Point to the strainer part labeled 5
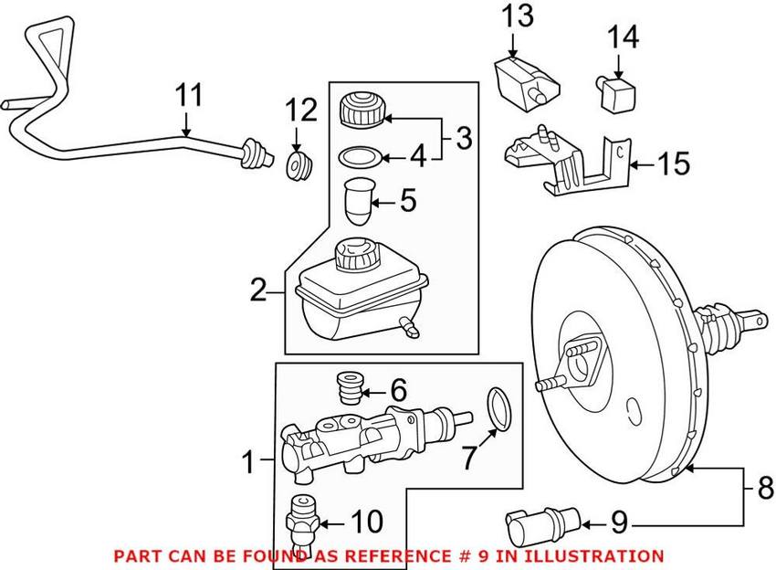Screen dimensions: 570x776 [x=359, y=201]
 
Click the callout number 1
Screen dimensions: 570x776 [x=247, y=463]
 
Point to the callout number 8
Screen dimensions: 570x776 [x=764, y=489]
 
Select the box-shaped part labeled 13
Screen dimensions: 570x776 [x=518, y=81]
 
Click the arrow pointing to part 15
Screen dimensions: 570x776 [x=642, y=165]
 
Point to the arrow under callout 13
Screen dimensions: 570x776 [x=512, y=43]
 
